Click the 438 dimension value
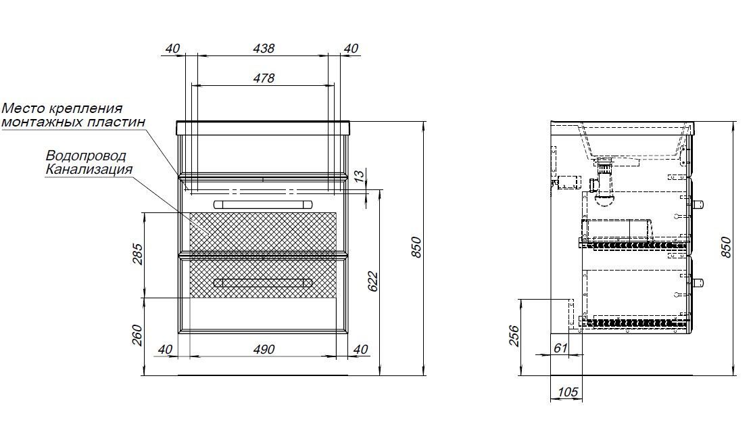click(x=264, y=49)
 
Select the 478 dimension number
click(x=264, y=78)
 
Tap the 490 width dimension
click(x=264, y=349)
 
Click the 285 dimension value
click(x=137, y=254)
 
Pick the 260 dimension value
click(x=137, y=335)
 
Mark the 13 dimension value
click(x=359, y=177)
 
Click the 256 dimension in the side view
click(x=513, y=335)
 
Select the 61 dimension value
click(x=560, y=348)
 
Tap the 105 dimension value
click(x=568, y=392)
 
